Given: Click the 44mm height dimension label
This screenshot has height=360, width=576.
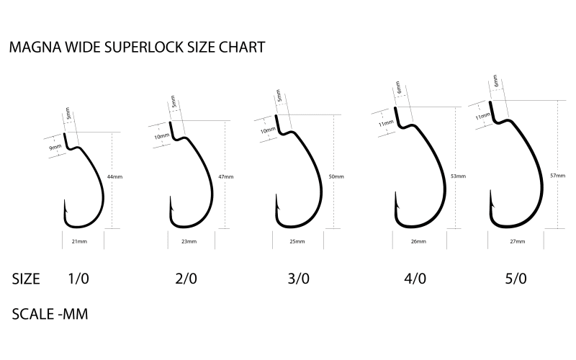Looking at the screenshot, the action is (114, 176).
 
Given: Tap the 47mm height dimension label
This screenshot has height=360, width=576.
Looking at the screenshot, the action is (226, 176).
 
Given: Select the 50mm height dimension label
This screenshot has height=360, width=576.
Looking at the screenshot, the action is (336, 176).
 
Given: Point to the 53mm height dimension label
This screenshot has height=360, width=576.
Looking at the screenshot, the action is (458, 176).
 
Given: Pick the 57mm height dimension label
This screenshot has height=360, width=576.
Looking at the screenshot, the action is (557, 176).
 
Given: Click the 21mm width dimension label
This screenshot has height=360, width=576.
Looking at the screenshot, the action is (79, 241).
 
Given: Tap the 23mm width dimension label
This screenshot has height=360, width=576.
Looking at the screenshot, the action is (189, 241).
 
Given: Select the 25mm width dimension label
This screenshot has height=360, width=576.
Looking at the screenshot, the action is (297, 241).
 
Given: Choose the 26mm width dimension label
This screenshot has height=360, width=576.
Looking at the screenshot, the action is (418, 241).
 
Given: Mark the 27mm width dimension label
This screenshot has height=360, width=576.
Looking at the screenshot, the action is (517, 241).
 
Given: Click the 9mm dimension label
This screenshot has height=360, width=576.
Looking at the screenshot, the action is (55, 148).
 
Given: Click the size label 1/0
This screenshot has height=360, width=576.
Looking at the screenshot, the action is (78, 279).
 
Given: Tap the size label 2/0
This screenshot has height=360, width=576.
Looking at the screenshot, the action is (186, 279).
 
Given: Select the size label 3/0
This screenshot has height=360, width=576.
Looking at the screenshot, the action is (298, 279).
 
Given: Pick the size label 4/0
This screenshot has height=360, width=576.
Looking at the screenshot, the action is (415, 279).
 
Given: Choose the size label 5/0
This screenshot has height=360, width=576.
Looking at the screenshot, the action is (516, 279).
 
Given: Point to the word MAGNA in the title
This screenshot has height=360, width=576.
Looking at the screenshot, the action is (35, 48).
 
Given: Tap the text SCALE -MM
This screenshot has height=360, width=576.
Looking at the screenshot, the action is (50, 315).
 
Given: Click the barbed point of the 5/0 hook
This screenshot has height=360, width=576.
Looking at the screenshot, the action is (490, 190).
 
